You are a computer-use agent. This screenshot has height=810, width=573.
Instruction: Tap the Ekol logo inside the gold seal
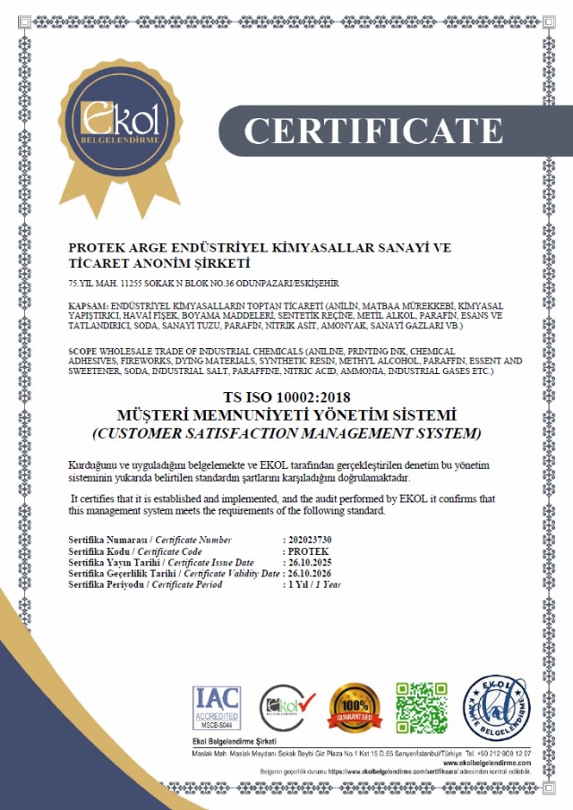click(x=121, y=123)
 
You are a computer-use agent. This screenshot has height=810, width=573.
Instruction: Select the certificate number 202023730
click(x=307, y=540)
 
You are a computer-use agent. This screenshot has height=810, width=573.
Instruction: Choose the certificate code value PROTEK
click(x=304, y=551)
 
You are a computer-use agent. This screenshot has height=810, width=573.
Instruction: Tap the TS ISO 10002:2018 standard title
click(x=286, y=398)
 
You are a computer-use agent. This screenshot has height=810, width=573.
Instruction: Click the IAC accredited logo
click(x=216, y=707)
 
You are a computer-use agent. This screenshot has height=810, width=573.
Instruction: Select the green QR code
click(x=421, y=707)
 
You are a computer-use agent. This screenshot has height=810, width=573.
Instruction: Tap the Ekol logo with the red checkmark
click(x=287, y=708)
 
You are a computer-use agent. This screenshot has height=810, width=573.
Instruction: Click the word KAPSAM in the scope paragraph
click(x=86, y=306)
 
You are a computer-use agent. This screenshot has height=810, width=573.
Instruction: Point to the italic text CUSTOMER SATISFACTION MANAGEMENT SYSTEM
click(x=286, y=434)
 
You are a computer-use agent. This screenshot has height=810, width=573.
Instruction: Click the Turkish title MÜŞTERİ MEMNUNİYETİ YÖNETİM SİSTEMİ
click(x=286, y=416)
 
